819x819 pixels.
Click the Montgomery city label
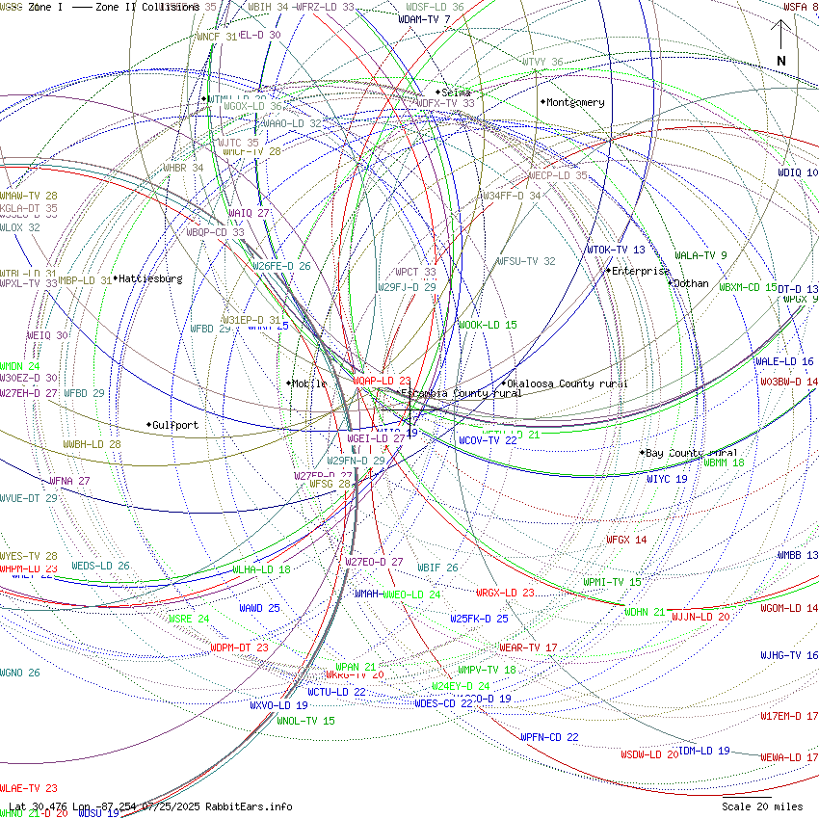point(575,102)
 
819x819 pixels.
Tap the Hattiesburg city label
point(147,278)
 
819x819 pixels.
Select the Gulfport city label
point(175,425)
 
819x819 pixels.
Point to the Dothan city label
point(690,284)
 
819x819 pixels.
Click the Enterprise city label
point(640,272)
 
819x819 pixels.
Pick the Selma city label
point(456,92)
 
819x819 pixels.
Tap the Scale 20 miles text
point(761,806)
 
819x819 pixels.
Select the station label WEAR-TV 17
point(528,647)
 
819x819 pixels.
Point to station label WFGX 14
point(626,541)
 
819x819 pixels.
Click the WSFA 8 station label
point(800,7)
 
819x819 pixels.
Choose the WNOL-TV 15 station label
point(306,721)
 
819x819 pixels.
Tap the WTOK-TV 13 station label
point(616,251)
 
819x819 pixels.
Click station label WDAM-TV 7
point(424,19)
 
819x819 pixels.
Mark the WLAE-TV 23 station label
point(29,788)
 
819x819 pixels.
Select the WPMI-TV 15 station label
point(612,582)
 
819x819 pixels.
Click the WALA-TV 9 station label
point(700,256)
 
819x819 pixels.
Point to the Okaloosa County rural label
point(567,383)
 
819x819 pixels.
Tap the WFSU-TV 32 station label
point(526,261)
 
